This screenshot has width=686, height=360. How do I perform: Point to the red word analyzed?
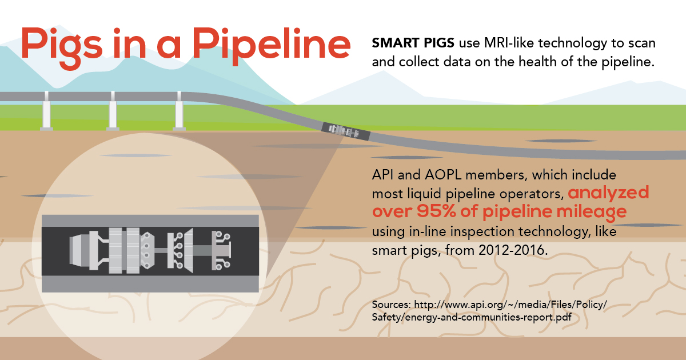coord(608,193)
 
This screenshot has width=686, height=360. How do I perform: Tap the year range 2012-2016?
coord(502,250)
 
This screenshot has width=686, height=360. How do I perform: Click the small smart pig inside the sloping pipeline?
coord(346,131)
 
